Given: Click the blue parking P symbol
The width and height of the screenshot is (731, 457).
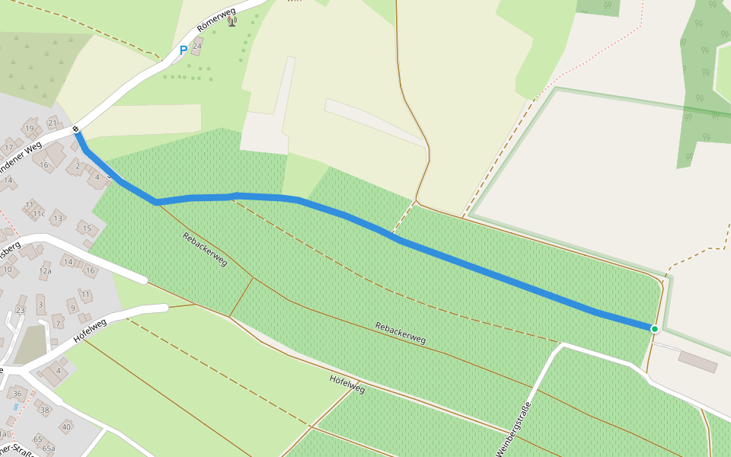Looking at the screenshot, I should pos(183,50).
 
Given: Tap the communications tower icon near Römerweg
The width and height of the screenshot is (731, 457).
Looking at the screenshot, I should pos(231,21).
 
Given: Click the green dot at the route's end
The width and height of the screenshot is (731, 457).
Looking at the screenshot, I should pos(654,328).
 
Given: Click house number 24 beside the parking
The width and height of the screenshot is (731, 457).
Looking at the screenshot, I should pos(197,46).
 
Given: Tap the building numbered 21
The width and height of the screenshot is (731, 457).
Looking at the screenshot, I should pos(53,123).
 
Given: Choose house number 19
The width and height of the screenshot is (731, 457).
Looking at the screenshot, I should pos(30,128).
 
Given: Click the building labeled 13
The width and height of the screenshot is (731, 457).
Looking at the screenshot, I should pos(58,219).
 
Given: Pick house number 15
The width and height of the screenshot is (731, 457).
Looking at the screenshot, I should pos(87,228).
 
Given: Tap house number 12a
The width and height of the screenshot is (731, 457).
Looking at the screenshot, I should pos(45,271).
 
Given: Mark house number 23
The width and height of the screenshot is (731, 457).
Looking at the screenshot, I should pos(21,310).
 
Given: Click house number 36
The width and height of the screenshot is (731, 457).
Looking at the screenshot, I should pos(18,393).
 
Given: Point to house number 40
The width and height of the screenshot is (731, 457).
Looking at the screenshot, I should pos(66,427).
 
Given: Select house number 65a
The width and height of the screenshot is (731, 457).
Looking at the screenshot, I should pos(49,449).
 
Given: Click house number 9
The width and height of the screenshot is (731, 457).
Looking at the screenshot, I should pos(72,308).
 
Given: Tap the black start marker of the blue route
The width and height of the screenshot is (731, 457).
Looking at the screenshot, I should pos(76,130).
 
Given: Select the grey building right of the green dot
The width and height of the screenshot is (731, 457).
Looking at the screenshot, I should pos(697,361).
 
